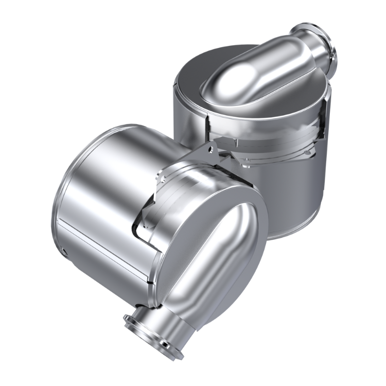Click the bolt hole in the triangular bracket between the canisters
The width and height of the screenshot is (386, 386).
click(210, 149)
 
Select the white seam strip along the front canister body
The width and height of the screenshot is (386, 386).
click(103, 242)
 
